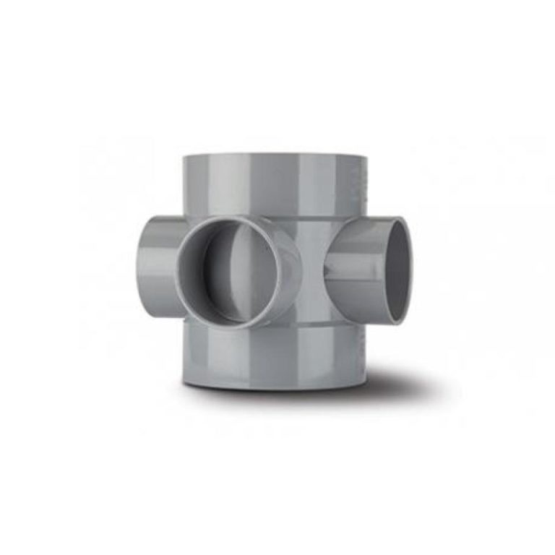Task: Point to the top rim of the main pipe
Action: click(x=271, y=155)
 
